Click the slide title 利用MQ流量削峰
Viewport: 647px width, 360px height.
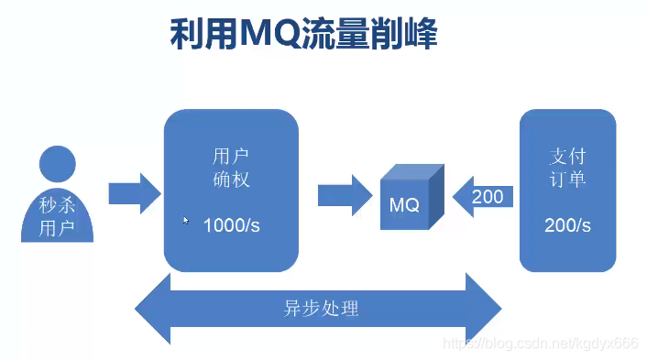pyautogui.click(x=303, y=35)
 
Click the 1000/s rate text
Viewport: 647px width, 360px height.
pyautogui.click(x=231, y=225)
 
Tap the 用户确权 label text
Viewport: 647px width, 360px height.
pyautogui.click(x=231, y=167)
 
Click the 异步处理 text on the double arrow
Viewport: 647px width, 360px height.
pyautogui.click(x=321, y=309)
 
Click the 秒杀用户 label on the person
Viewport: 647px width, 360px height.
pyautogui.click(x=57, y=216)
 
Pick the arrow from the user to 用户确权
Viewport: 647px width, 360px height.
pyautogui.click(x=134, y=194)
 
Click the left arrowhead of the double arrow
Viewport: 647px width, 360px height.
pyautogui.click(x=154, y=308)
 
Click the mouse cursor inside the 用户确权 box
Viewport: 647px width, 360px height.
pyautogui.click(x=186, y=221)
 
